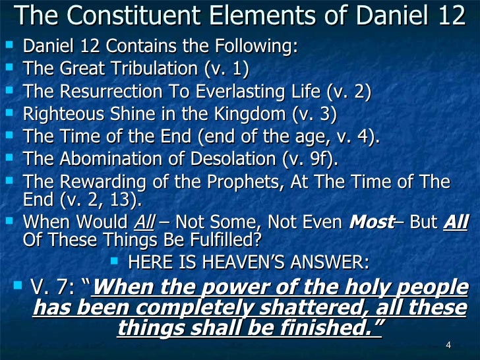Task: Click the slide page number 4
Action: pyautogui.click(x=448, y=347)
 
